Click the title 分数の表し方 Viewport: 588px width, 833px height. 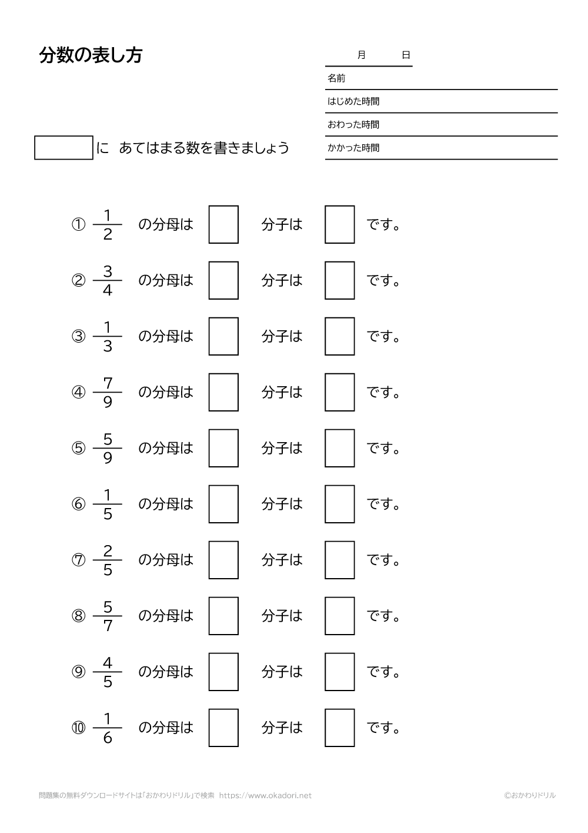tap(91, 55)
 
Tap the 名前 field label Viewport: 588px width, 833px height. tap(336, 78)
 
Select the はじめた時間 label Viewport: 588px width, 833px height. tap(353, 101)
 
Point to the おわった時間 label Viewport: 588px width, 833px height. tap(353, 125)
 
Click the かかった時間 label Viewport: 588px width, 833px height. tap(353, 148)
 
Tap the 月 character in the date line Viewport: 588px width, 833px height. tap(361, 55)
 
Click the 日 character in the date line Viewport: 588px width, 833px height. tap(406, 55)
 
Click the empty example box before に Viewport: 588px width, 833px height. tap(64, 148)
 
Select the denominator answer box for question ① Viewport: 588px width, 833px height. tap(223, 224)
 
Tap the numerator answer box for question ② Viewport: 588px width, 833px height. tap(339, 280)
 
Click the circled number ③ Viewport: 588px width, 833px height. tap(79, 337)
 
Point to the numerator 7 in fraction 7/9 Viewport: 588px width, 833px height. tap(108, 383)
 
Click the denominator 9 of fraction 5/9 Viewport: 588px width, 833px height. tap(108, 458)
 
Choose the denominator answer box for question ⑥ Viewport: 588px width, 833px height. tap(223, 504)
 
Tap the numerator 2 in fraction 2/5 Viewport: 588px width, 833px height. tap(108, 551)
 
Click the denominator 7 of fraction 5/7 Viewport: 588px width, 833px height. tap(108, 626)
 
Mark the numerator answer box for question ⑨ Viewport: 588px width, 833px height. tap(339, 672)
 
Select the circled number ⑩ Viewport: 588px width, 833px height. tap(79, 728)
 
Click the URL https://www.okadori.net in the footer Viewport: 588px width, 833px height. tap(265, 795)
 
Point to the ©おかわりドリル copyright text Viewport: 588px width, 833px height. tap(529, 795)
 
